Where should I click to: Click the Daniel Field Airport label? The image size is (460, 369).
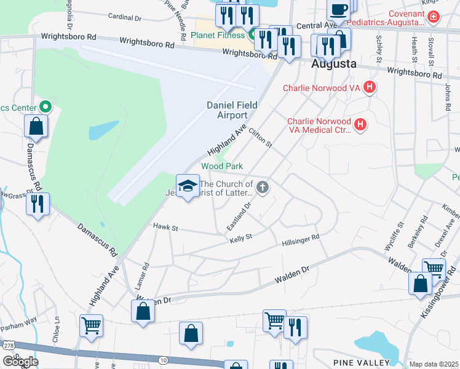227,110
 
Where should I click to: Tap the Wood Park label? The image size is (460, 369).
222,166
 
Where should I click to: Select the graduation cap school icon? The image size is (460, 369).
188,186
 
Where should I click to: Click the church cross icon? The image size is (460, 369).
263,187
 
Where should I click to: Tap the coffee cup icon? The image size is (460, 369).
338,10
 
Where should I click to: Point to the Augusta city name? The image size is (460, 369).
334,63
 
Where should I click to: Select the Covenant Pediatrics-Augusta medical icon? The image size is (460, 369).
434,16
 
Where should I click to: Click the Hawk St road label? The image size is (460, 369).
165,228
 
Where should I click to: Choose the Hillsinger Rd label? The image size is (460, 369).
301,240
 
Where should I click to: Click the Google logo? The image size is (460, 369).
20,362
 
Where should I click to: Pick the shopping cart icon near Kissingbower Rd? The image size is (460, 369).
434,268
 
